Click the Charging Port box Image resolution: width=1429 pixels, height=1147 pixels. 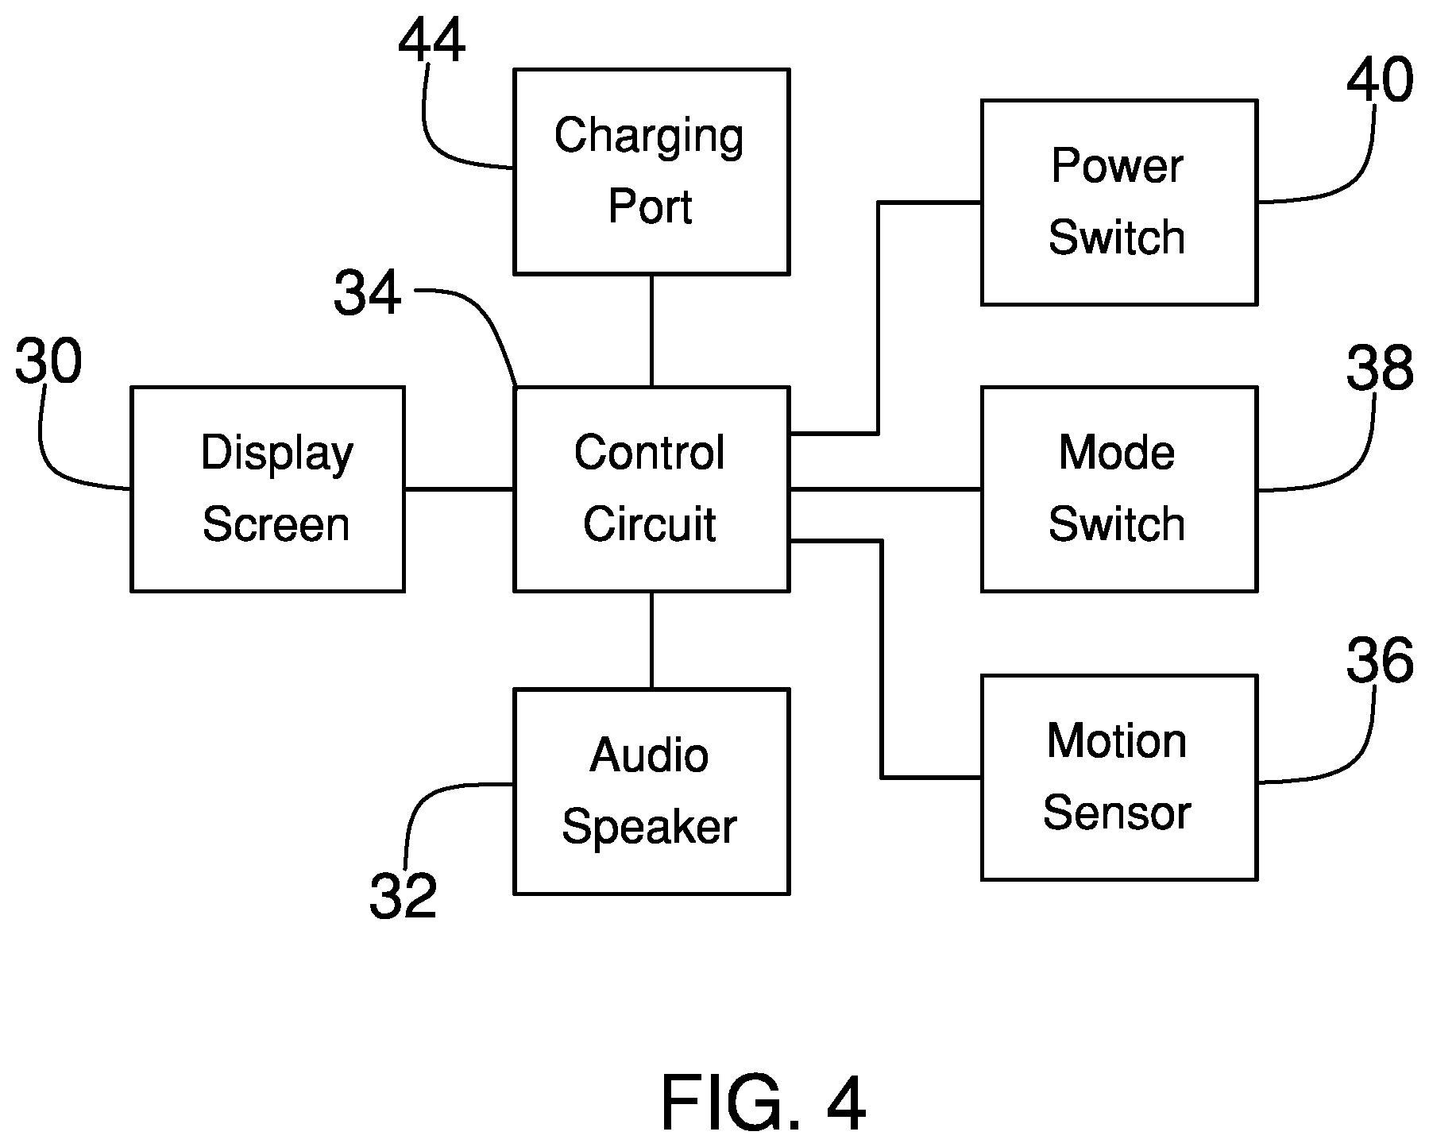[651, 172]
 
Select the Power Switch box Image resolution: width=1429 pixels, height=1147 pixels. [1119, 203]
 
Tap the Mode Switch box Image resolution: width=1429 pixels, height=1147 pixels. [1119, 489]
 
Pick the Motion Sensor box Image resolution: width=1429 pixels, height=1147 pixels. [1119, 778]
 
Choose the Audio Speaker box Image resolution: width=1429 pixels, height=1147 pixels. [651, 792]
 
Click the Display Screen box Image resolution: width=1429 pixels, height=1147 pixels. [268, 489]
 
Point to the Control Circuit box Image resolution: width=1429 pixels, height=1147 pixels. [651, 489]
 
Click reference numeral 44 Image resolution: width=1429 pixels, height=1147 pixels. [431, 41]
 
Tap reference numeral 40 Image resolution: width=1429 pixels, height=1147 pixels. [1380, 80]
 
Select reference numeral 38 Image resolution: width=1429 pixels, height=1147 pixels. [1380, 369]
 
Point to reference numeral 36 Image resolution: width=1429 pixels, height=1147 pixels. [1380, 661]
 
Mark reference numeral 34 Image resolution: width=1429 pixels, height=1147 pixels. [367, 293]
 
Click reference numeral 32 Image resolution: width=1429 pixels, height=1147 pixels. [404, 896]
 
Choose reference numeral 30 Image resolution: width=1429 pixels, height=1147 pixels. [48, 362]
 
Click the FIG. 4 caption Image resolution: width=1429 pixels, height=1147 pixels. [763, 1103]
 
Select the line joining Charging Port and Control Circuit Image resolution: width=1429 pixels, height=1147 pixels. [651, 330]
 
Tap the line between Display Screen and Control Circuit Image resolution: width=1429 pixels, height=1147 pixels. [460, 489]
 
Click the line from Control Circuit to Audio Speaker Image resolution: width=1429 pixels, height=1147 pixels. [651, 640]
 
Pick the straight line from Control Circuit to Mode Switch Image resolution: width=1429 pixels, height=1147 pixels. [886, 489]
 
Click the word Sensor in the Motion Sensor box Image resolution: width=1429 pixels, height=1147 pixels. [1117, 813]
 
